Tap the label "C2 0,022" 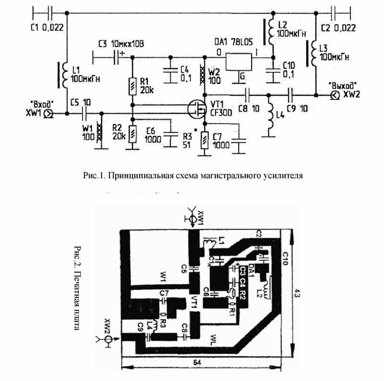pyautogui.click(x=338, y=27)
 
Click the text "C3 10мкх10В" pyautogui.click(x=120, y=44)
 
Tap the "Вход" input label pyautogui.click(x=42, y=104)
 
